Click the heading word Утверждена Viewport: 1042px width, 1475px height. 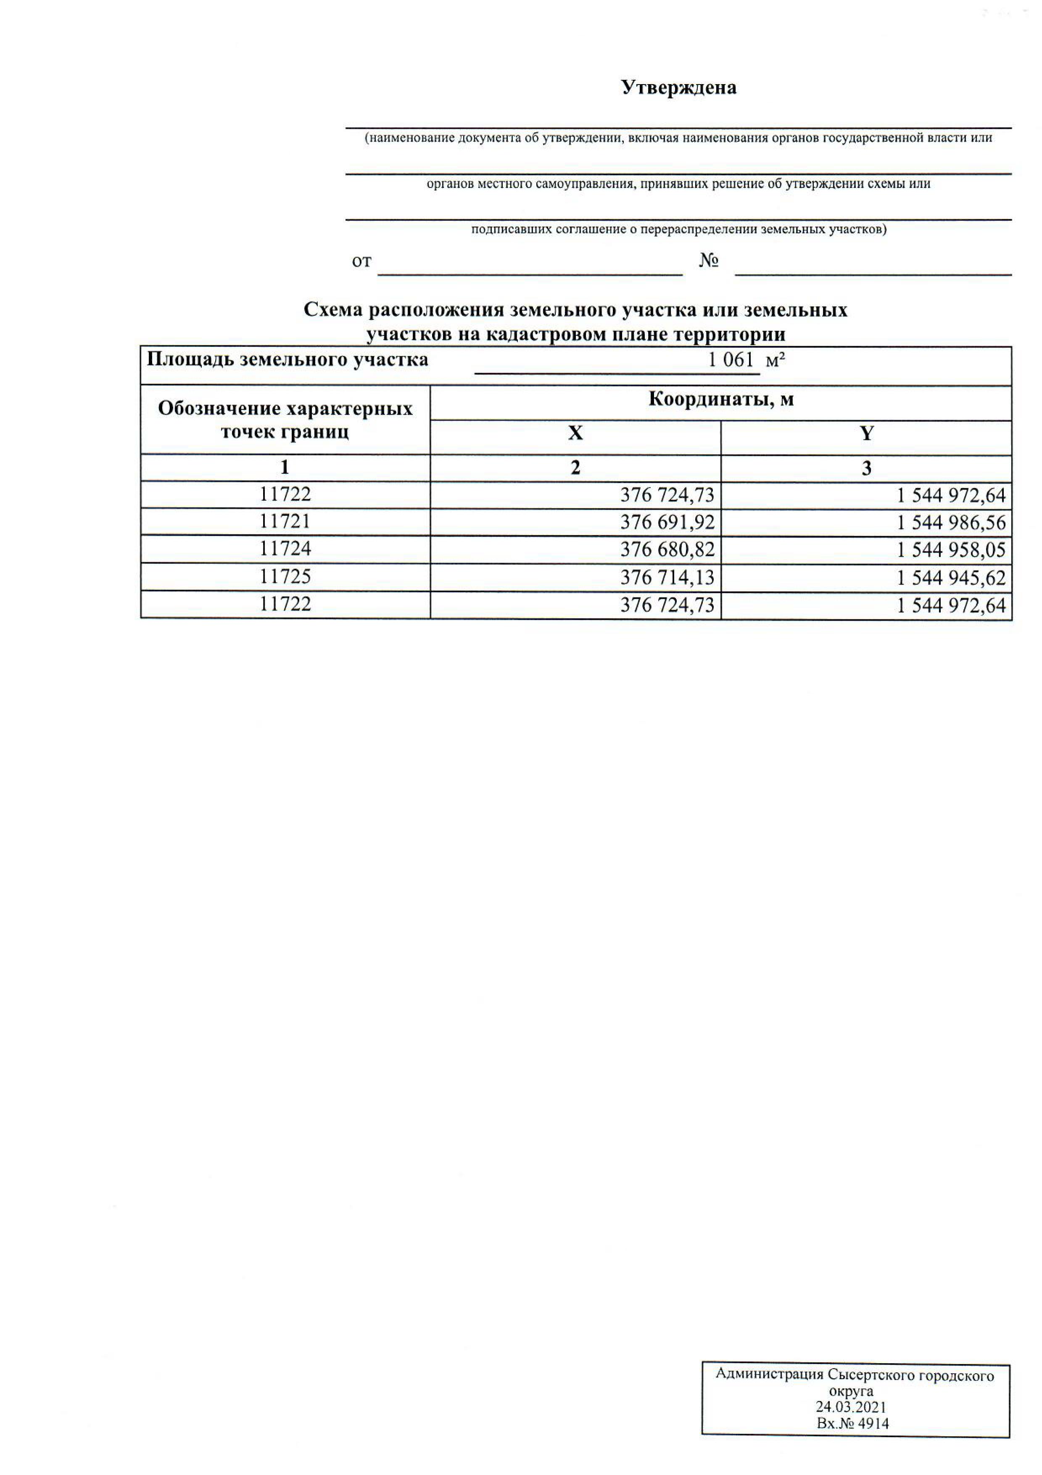(x=678, y=87)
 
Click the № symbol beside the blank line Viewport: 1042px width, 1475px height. (x=708, y=261)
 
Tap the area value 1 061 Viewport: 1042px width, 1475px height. (x=731, y=360)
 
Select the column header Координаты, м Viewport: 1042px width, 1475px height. (x=721, y=399)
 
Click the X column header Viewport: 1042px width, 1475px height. (x=575, y=434)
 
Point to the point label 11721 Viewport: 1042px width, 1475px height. (x=285, y=521)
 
